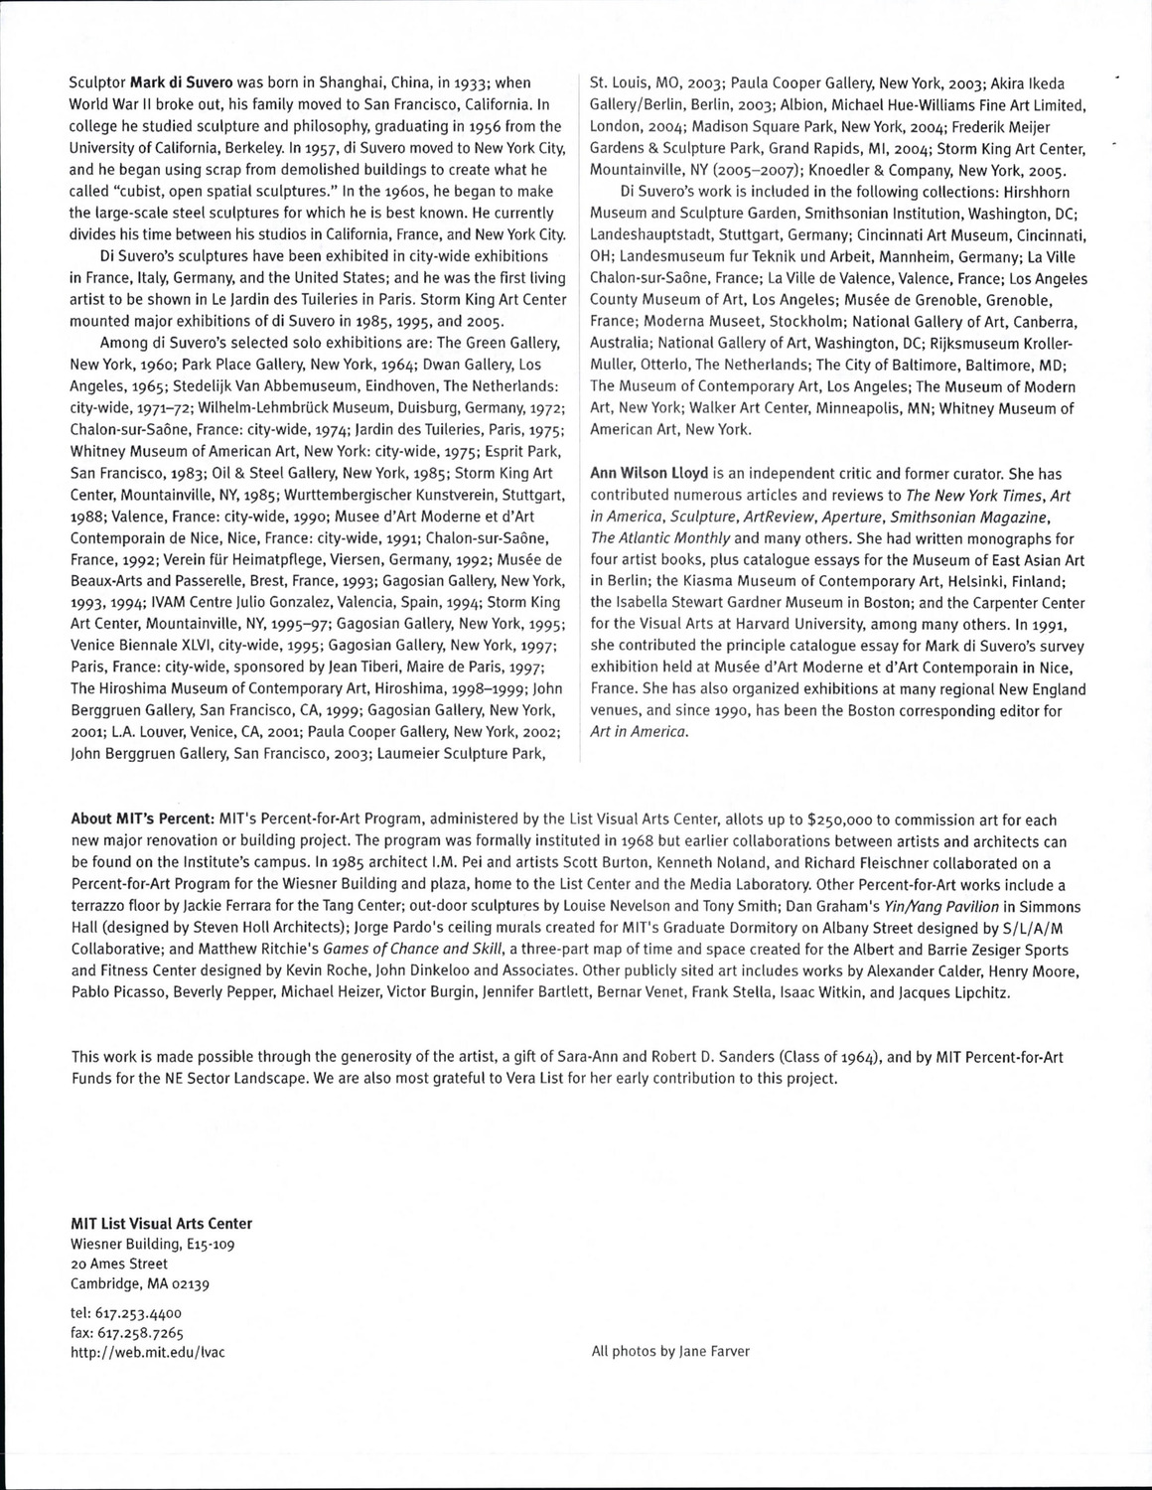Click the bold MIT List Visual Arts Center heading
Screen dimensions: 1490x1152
161,1223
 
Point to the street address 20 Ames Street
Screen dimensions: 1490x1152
119,1264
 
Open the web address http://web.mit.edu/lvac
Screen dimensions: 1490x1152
148,1352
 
